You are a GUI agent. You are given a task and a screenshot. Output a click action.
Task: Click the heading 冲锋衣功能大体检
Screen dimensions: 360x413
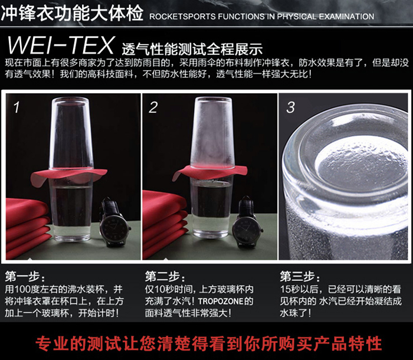click(72, 14)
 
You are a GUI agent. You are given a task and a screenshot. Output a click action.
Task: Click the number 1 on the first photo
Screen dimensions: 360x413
click(17, 107)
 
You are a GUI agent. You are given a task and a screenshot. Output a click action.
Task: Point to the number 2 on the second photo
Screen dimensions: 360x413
click(153, 107)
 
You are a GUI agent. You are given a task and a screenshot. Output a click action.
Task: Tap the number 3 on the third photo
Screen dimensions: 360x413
click(290, 107)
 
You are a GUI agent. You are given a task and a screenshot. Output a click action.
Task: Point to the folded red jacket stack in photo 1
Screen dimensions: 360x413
click(27, 227)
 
